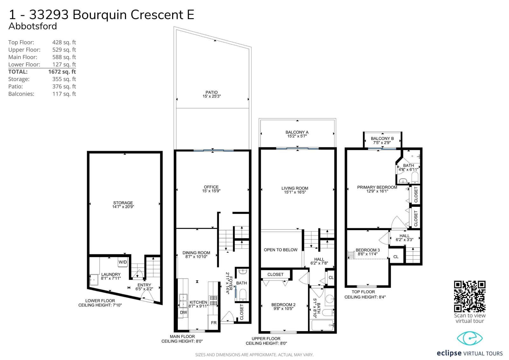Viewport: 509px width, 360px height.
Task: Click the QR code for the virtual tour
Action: pos(470,297)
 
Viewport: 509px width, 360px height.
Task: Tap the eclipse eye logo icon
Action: pos(470,338)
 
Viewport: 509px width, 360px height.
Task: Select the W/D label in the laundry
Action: pos(123,262)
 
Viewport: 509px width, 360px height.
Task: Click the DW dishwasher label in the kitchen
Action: pos(183,313)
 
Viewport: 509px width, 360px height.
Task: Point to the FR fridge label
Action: pos(213,323)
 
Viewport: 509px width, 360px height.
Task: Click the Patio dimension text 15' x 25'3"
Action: pos(212,96)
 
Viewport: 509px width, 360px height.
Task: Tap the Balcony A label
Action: pos(297,132)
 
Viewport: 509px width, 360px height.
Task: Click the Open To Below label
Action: pos(281,250)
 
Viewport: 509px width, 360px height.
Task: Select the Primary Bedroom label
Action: pos(377,187)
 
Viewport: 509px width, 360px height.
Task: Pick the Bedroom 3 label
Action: pos(368,250)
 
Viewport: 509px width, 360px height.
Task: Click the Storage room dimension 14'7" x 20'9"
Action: pos(123,207)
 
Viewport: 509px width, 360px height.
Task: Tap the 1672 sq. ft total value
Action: pos(62,72)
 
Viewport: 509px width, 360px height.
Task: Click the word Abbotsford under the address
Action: pos(33,26)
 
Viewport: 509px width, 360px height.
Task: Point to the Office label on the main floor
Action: pos(211,187)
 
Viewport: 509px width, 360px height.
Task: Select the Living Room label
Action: pos(295,188)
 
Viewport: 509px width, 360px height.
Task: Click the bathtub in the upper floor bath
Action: pos(323,325)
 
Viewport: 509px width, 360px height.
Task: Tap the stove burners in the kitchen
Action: pos(213,300)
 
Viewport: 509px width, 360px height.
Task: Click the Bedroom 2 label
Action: pos(283,305)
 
